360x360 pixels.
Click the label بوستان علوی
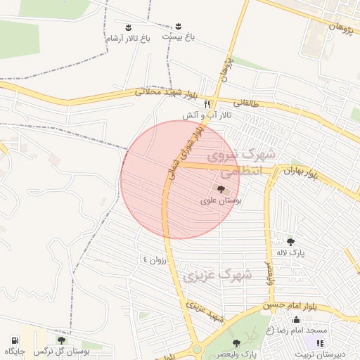221,201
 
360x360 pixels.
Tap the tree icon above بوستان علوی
221,189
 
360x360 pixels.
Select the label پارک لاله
290,253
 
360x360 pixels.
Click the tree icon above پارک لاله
290,242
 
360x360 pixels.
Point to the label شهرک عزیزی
217,275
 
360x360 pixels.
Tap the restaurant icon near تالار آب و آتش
207,103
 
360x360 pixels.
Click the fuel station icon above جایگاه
15,340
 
